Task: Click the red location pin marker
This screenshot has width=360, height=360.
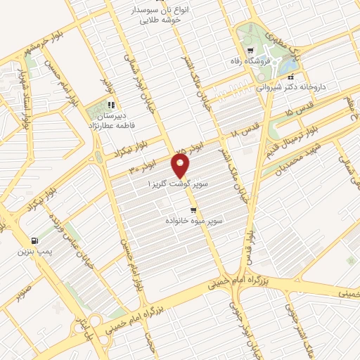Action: coord(181,166)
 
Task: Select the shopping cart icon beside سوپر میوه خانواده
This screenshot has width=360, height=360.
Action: coord(193,210)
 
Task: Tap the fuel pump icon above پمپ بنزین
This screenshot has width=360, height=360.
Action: coord(35,240)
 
